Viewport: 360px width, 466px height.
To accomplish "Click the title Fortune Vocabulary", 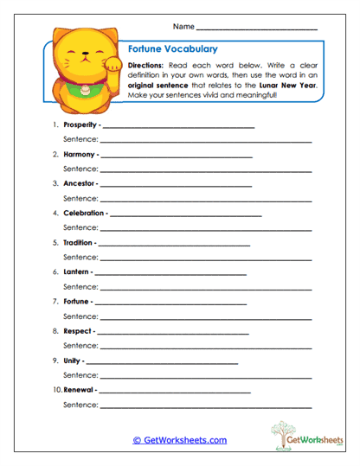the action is [172, 50].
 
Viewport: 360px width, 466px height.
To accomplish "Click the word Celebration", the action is [83, 213].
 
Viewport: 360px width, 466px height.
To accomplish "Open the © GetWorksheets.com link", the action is [180, 440].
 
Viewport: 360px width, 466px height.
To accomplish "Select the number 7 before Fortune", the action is [55, 302].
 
